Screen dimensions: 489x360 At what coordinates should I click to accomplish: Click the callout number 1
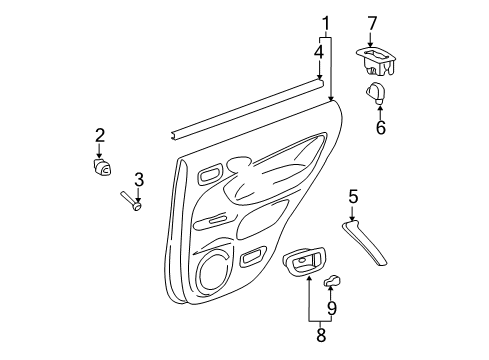[326, 22]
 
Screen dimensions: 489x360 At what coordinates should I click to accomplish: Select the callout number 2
[100, 135]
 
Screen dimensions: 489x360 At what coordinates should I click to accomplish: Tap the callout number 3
[139, 179]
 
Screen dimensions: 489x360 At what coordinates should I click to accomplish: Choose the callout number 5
[353, 196]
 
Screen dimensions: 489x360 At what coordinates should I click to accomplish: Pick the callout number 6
[380, 128]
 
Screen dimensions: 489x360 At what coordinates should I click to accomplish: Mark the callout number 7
[372, 21]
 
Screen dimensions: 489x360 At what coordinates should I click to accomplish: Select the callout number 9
[333, 307]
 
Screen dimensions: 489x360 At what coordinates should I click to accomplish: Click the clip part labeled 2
[101, 167]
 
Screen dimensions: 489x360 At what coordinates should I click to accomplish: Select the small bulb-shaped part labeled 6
[378, 94]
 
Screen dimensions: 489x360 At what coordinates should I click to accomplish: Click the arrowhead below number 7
[372, 43]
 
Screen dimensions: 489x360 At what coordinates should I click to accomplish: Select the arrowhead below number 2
[100, 155]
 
